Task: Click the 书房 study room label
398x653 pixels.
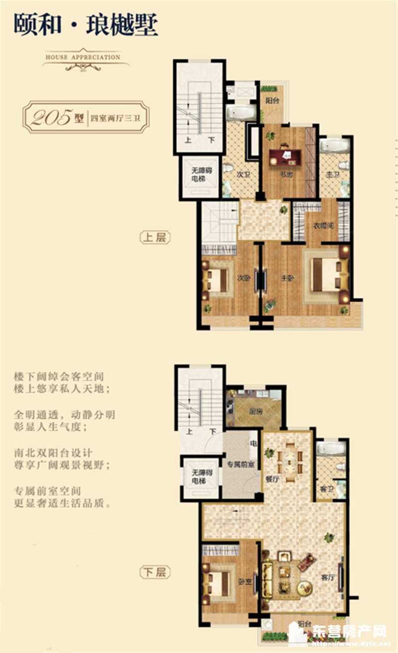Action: point(285,174)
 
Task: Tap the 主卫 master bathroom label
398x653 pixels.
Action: point(333,175)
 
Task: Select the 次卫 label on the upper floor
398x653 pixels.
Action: point(243,174)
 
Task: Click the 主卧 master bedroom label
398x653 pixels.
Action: point(287,278)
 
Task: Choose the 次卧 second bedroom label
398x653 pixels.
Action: point(244,278)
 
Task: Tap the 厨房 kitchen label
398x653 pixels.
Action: point(256,410)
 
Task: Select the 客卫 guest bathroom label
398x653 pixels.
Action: point(326,490)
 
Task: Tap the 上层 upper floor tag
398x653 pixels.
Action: point(155,238)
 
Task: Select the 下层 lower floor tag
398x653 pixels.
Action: point(155,572)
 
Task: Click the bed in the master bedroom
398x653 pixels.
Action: point(326,274)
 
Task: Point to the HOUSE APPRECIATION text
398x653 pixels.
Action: point(83,57)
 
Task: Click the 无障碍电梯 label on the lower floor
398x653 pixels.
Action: point(199,477)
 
